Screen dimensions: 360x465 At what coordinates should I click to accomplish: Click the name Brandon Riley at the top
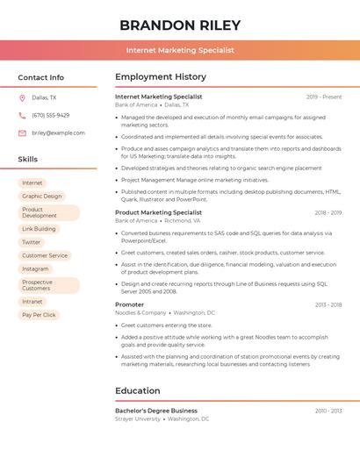point(180,25)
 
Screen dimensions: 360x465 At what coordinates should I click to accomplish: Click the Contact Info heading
point(40,77)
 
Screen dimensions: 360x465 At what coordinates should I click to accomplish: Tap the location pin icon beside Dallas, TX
point(22,98)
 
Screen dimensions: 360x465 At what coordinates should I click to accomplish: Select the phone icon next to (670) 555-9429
point(22,115)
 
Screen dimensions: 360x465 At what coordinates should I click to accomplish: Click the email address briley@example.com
point(58,132)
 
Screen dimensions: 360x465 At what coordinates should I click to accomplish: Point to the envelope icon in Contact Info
point(22,132)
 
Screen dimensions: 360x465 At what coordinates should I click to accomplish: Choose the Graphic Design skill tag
point(41,197)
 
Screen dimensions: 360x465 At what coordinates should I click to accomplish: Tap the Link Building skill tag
point(39,229)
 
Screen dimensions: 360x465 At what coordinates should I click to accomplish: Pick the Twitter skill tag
point(32,242)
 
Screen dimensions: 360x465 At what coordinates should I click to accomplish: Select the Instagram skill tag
point(35,268)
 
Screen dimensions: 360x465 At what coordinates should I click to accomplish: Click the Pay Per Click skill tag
point(39,315)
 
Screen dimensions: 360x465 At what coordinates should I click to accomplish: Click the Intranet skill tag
point(32,302)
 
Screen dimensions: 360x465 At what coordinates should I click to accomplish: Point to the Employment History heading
point(161,77)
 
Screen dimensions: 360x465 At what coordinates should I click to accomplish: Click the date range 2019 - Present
point(324,97)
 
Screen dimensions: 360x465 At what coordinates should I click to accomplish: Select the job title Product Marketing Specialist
point(158,212)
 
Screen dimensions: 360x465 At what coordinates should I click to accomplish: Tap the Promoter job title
point(129,304)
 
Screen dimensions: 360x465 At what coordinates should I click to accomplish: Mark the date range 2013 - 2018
point(328,304)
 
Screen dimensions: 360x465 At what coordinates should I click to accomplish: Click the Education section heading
point(137,390)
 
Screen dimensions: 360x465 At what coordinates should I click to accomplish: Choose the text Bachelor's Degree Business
point(156,411)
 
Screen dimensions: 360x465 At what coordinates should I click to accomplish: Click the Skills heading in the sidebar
point(28,160)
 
